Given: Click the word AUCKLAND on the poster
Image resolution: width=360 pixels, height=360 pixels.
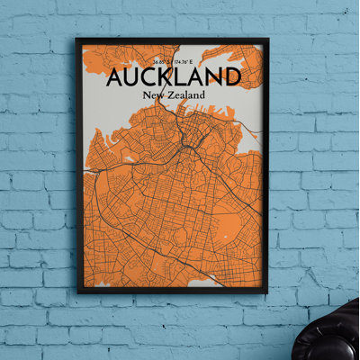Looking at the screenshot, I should click(x=174, y=76).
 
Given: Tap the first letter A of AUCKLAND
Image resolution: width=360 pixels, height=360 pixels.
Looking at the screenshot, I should click(x=116, y=76).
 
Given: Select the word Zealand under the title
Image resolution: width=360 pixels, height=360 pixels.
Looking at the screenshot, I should click(x=185, y=94).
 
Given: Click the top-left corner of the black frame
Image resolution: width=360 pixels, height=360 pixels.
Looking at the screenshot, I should click(x=77, y=39).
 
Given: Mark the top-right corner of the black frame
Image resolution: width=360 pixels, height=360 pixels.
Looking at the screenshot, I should click(x=269, y=39).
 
